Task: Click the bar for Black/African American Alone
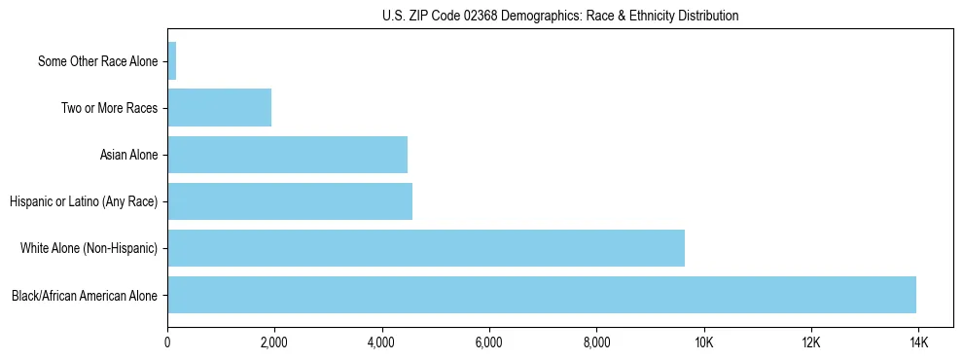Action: pos(542,295)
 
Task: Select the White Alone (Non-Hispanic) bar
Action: pos(426,248)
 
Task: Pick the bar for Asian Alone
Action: pos(288,155)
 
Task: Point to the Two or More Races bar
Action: pos(220,108)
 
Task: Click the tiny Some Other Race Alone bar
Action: pos(172,61)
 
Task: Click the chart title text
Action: pos(560,16)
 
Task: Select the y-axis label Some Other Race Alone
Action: pos(97,62)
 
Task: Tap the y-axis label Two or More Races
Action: pos(109,109)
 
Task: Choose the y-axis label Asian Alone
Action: pos(128,156)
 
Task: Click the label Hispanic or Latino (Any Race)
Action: pos(84,202)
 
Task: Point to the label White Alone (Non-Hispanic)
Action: pos(89,249)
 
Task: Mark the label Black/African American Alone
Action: pos(85,296)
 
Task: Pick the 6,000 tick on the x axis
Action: pos(488,343)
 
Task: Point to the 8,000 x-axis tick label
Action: pos(596,343)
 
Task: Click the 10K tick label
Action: pos(703,343)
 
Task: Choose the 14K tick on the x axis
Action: pos(917,343)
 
